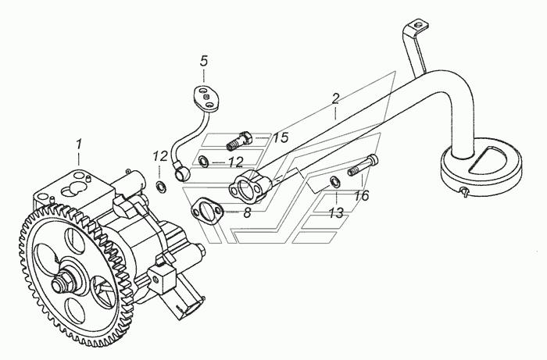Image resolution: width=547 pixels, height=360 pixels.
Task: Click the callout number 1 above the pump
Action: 79,144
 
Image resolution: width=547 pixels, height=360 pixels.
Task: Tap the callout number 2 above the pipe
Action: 335,98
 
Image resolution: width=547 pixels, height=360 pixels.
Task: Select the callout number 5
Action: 204,61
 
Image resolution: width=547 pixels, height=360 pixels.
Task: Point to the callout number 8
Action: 247,212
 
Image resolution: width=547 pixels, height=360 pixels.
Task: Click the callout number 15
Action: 281,137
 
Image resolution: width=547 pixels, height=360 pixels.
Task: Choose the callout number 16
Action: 361,196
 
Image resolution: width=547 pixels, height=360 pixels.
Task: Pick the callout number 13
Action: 336,212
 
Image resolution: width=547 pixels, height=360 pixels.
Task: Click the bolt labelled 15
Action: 239,141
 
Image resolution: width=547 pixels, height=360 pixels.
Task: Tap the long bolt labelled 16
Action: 363,166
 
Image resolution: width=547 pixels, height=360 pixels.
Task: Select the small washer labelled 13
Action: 334,181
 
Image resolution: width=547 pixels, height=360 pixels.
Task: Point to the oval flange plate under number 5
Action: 206,98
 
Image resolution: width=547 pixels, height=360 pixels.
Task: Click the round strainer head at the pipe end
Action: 481,166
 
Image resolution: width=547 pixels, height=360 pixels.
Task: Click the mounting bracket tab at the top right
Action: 416,27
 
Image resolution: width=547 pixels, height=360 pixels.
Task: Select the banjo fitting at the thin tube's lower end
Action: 182,172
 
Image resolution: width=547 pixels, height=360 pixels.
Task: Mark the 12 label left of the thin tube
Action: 160,156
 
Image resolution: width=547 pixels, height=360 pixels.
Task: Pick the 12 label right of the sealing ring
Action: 236,162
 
